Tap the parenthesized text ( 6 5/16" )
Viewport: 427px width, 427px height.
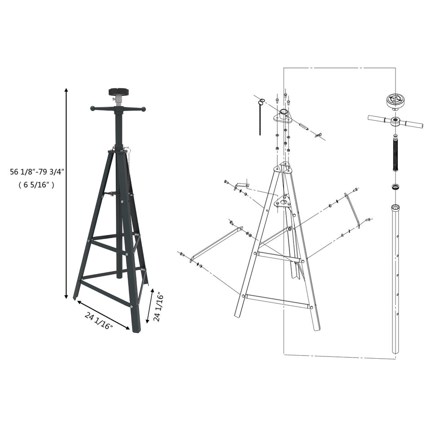click(x=36, y=184)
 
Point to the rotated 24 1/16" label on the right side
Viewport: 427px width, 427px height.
click(x=157, y=306)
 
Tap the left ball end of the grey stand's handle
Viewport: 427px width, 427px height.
click(x=93, y=108)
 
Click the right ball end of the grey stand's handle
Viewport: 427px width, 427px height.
click(x=143, y=109)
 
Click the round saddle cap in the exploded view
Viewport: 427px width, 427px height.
click(x=395, y=100)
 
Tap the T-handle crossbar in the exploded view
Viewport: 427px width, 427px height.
click(x=395, y=120)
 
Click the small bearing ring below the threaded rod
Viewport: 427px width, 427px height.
click(x=395, y=186)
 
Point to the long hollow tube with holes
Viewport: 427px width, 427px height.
click(x=396, y=279)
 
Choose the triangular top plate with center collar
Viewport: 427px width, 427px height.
click(x=283, y=116)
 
